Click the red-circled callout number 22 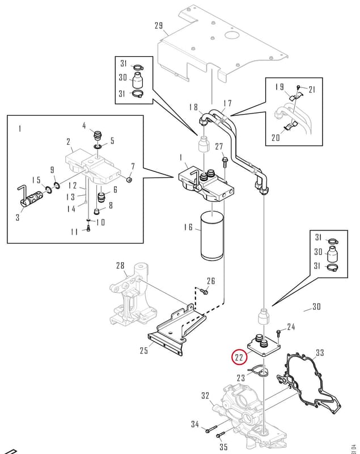239,358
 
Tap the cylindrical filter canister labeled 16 213,236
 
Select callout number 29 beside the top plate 159,26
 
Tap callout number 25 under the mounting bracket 144,351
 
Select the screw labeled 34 211,430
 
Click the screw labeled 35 221,435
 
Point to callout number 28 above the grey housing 120,266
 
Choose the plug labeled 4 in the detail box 98,136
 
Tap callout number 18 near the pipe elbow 193,107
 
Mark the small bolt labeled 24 278,333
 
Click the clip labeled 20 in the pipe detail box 291,126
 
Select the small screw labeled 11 88,229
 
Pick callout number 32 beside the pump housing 205,396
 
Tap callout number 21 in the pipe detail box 311,90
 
